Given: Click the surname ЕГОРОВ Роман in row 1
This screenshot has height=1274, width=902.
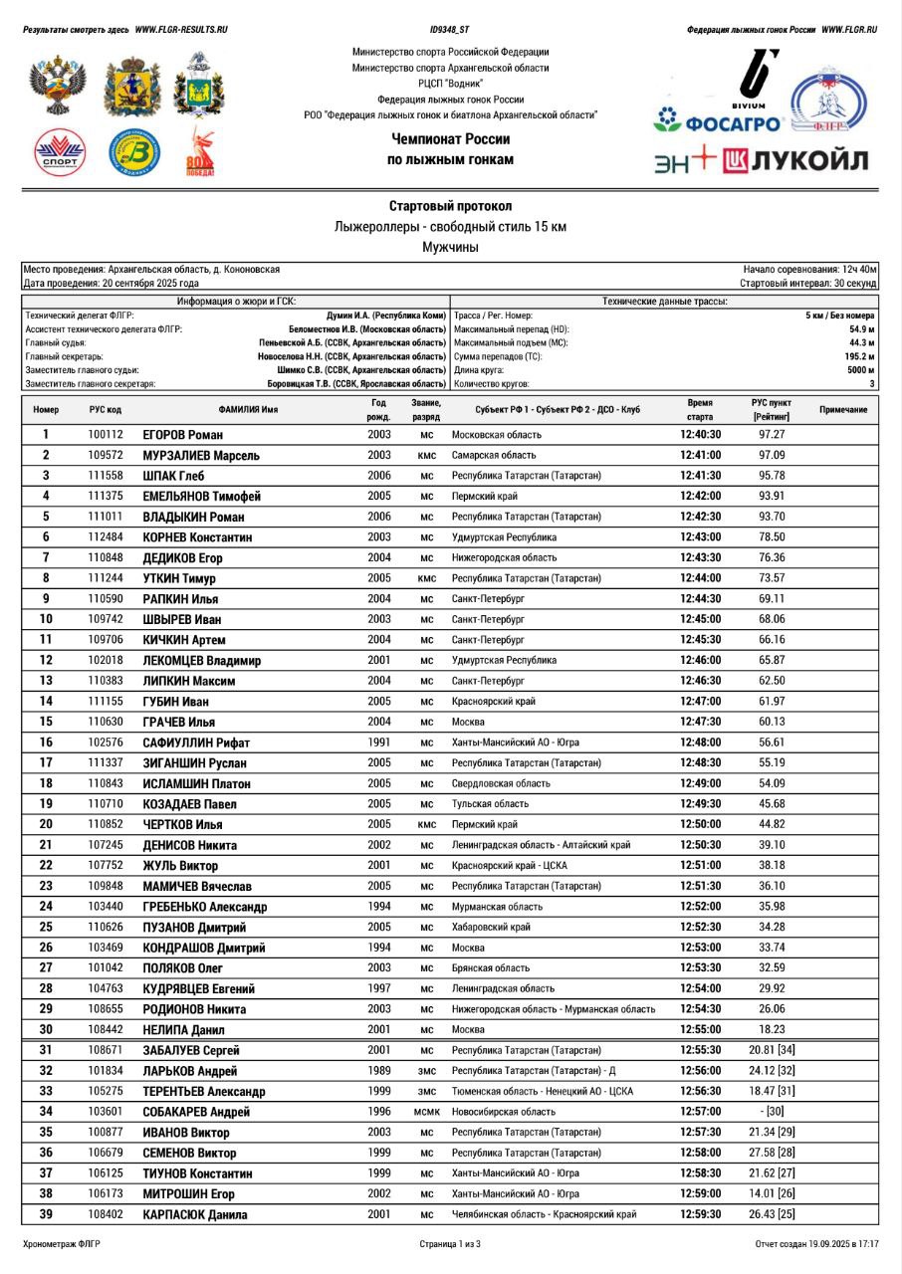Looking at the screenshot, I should [x=183, y=435].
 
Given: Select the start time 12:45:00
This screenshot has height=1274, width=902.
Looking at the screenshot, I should [x=701, y=619].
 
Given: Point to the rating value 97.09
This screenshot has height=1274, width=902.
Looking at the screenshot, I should [x=772, y=455].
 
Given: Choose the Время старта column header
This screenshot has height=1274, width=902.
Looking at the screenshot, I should [x=700, y=409].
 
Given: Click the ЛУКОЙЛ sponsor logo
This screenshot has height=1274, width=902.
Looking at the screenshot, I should [x=795, y=160].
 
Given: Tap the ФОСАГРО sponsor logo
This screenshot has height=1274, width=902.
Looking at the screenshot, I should [x=718, y=124].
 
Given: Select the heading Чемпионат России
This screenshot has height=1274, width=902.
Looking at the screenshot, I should [x=450, y=139].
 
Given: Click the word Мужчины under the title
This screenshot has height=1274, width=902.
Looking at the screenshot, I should [x=450, y=247].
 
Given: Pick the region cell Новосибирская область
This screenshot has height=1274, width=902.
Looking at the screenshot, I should [x=504, y=1112].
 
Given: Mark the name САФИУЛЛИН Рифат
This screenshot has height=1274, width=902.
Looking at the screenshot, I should [x=196, y=743].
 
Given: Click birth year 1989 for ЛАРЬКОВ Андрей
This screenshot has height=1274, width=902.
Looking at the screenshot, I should [x=378, y=1071].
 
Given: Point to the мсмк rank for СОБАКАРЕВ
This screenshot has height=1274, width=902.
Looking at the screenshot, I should [x=427, y=1112].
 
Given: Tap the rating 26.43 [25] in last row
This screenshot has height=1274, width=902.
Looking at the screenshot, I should [x=772, y=1214].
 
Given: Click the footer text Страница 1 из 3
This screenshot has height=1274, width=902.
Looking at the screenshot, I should [x=450, y=1244].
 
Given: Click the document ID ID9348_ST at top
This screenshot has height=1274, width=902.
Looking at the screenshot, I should [x=450, y=30].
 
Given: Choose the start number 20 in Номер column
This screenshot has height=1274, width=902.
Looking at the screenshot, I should [x=46, y=824].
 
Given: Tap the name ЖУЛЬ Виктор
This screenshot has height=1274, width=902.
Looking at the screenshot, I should [x=180, y=866].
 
